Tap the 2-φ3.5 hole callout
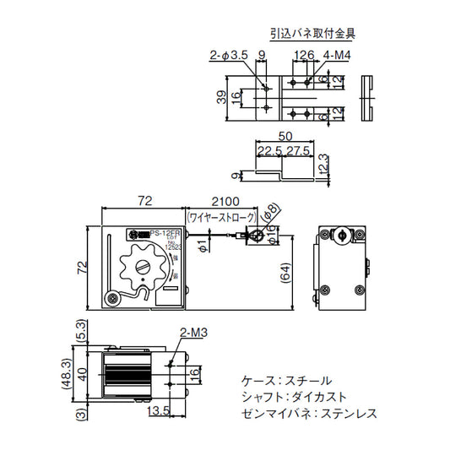(x=228, y=57)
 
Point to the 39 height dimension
(x=222, y=97)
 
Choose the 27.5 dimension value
(x=296, y=151)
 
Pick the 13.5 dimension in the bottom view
(x=159, y=411)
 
